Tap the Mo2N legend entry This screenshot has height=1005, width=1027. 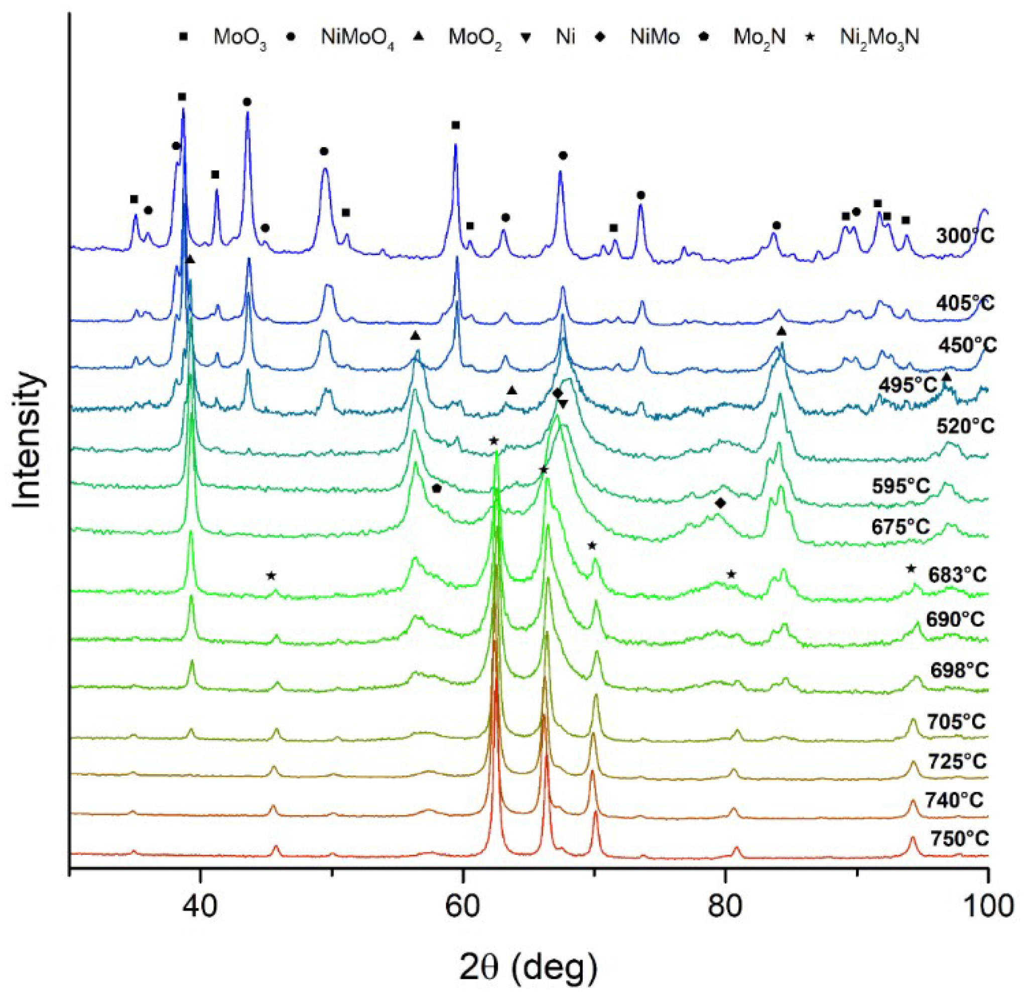pyautogui.click(x=759, y=38)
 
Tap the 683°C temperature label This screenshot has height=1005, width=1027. pyautogui.click(x=957, y=574)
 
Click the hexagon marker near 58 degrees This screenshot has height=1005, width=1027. pyautogui.click(x=436, y=488)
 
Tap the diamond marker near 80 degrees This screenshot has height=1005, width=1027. pyautogui.click(x=720, y=504)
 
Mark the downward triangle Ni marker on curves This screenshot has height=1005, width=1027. pyautogui.click(x=563, y=404)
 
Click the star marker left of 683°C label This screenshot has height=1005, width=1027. pyautogui.click(x=911, y=568)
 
